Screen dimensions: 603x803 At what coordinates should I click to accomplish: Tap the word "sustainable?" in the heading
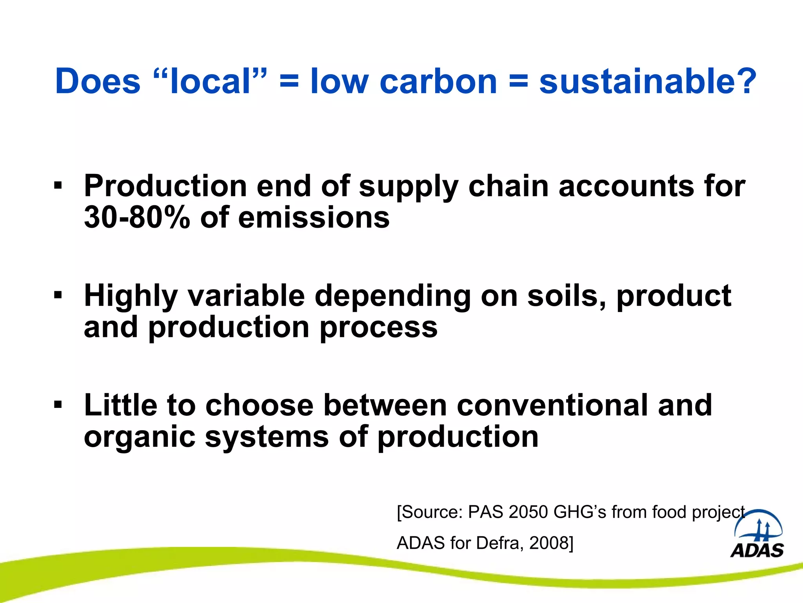647,81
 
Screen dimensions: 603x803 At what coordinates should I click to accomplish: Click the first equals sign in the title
289,81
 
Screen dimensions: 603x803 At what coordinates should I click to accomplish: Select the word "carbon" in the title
438,81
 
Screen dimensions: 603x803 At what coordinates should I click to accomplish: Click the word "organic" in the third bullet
140,437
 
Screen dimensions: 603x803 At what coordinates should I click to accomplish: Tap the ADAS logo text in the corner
757,550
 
